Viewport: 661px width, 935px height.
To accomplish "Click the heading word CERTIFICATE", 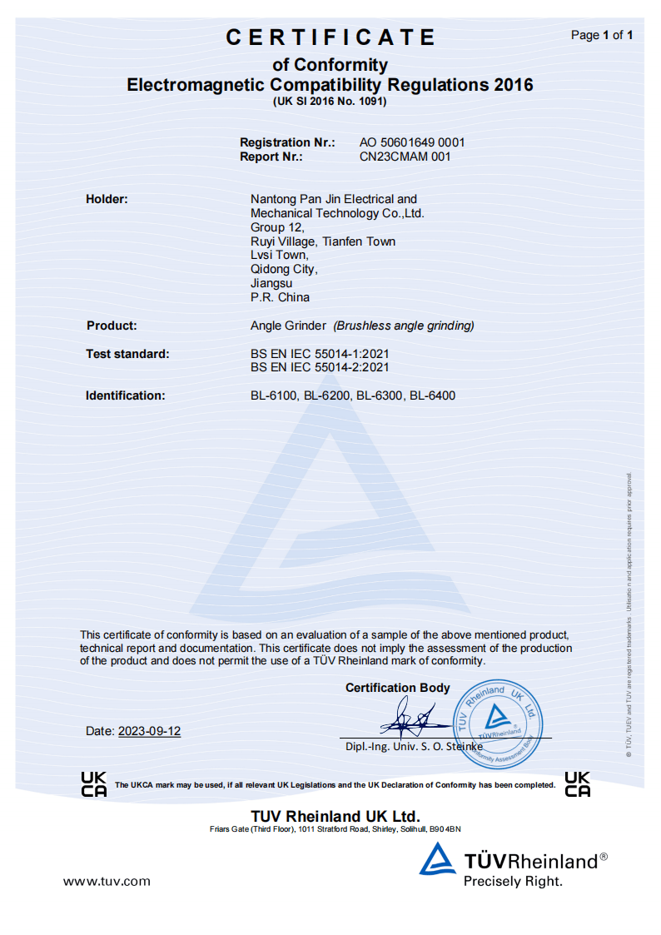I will (330, 37).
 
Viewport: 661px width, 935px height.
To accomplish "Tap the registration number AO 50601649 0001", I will (412, 142).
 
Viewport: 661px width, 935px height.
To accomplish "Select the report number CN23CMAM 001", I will (405, 157).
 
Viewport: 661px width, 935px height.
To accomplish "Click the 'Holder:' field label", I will (107, 199).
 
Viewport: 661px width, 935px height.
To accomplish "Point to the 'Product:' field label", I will (112, 326).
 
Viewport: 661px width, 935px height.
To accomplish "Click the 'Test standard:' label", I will (127, 354).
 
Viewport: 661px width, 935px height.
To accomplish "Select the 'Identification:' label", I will (126, 395).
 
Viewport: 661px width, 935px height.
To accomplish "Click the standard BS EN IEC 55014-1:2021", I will (320, 354).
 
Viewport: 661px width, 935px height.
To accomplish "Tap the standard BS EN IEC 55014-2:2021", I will (320, 367).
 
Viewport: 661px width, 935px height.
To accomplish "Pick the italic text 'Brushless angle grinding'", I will (404, 326).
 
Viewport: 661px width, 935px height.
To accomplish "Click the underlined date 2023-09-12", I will (149, 731).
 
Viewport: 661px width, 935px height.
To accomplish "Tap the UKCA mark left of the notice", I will (94, 784).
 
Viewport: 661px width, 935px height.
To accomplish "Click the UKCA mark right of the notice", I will (577, 784).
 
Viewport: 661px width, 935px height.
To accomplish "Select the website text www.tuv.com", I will (107, 881).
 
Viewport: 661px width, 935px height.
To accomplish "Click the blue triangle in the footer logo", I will (437, 859).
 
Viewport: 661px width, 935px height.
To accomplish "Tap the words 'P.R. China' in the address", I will (280, 297).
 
